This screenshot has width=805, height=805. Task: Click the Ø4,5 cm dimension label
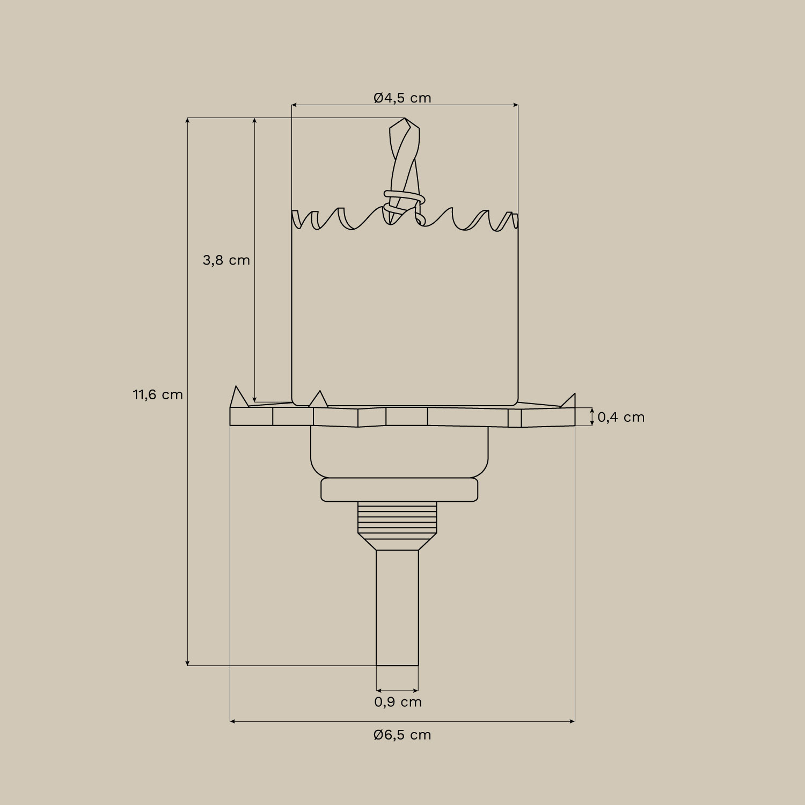tap(402, 98)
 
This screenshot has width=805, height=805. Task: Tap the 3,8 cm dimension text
tap(226, 260)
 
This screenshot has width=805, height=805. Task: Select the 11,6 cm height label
tap(158, 395)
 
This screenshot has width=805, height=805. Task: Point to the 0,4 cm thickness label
tap(621, 417)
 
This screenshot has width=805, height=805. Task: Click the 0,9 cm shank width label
tap(398, 702)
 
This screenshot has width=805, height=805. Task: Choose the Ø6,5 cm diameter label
tap(402, 735)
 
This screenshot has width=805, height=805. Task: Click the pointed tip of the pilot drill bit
tap(404, 119)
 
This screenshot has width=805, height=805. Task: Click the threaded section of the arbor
tap(397, 518)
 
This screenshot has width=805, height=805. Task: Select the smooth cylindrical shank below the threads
tap(397, 606)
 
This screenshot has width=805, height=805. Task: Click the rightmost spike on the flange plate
tap(570, 400)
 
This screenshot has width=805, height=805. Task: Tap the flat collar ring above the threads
tap(399, 490)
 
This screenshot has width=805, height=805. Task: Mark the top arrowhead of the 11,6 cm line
tap(187, 120)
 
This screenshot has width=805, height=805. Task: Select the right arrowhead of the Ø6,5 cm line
tap(573, 721)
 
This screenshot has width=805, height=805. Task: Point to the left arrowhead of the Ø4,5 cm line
tap(294, 105)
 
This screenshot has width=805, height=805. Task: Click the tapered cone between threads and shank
tap(397, 542)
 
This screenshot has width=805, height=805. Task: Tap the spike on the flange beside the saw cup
tap(319, 399)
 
